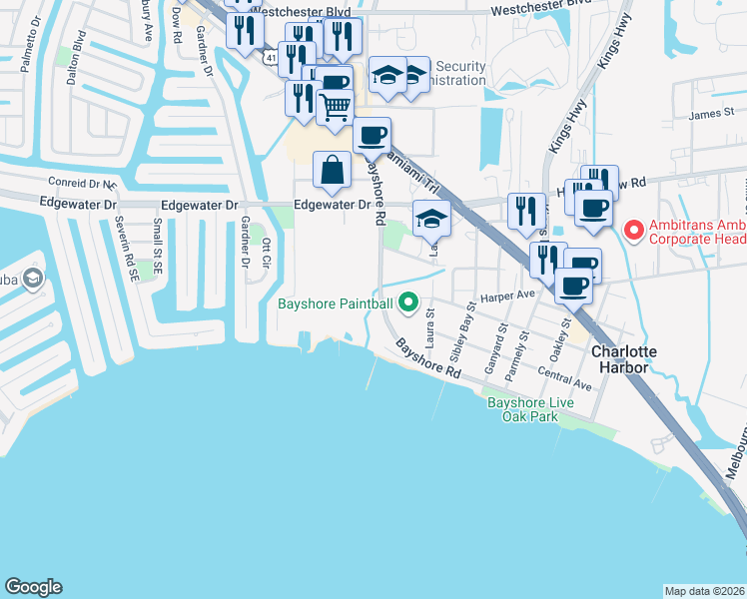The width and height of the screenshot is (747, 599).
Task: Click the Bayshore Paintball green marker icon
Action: (407, 301)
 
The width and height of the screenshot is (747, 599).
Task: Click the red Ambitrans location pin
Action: (632, 231)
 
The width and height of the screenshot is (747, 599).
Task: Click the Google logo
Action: (33, 587)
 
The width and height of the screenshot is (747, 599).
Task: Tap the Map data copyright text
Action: (704, 591)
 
